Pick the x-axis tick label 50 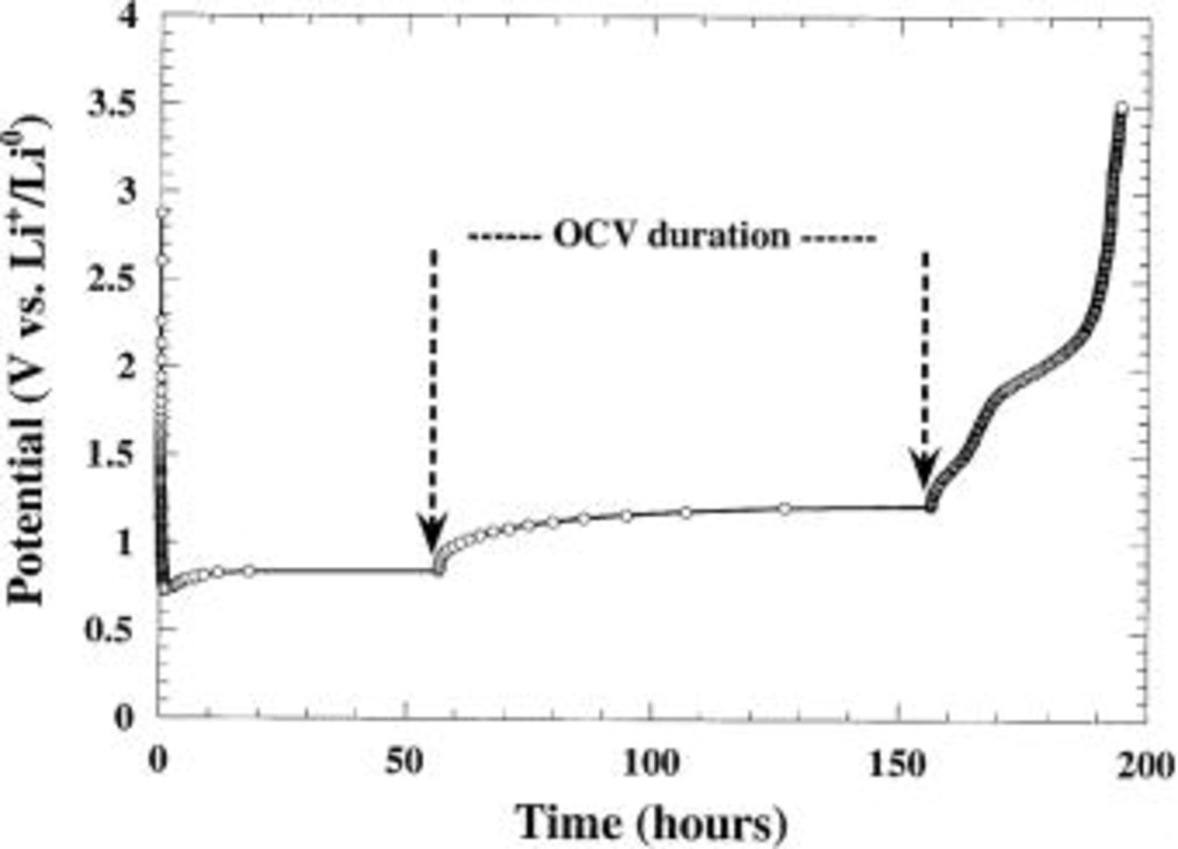406,763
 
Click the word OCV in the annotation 594,234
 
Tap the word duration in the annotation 719,234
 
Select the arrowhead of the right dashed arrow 925,469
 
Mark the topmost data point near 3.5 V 1122,108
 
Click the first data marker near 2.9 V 162,212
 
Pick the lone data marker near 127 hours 785,508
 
